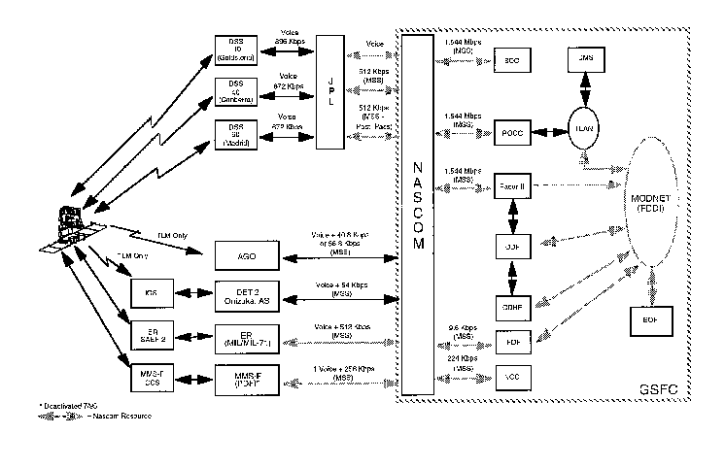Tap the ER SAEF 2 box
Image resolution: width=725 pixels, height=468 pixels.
[150, 332]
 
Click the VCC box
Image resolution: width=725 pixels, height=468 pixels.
[511, 375]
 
